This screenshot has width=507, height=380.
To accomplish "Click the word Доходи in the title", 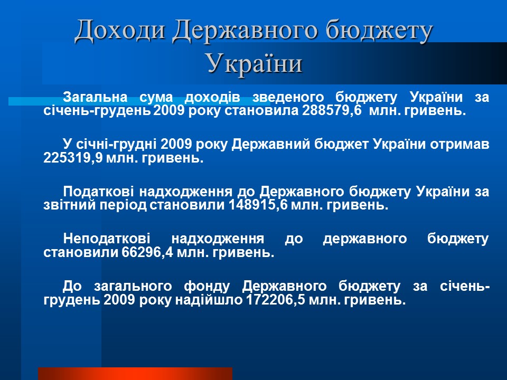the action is (x=120, y=31).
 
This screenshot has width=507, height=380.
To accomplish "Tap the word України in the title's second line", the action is (x=255, y=63).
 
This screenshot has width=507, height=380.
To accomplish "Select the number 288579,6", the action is (x=332, y=111).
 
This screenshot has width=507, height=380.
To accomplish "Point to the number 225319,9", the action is (x=73, y=158).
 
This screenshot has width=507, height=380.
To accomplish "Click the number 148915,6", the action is (x=258, y=205).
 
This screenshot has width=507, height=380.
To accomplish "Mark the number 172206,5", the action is (x=276, y=300).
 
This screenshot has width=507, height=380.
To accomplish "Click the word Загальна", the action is (x=95, y=97).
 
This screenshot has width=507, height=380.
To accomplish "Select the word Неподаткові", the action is (x=107, y=239).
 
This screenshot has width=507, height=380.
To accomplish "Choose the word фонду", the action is (x=207, y=286).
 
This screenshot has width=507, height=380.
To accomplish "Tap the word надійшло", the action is (x=209, y=300).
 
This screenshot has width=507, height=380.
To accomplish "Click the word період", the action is (x=123, y=205).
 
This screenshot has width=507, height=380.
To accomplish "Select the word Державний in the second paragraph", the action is (x=271, y=145).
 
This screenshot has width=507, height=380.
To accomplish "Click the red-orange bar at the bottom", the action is (x=135, y=374).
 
